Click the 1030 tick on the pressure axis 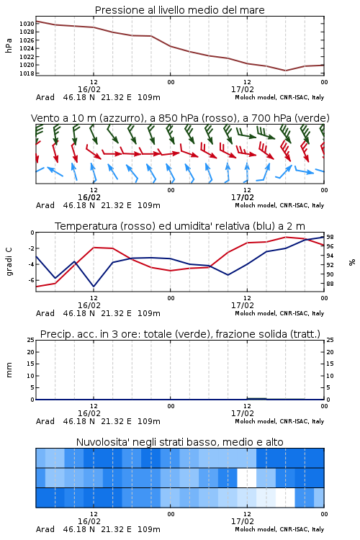click(x=27, y=24)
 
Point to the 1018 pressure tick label click(x=27, y=73)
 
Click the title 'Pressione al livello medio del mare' click(x=179, y=10)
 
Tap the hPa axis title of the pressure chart click(x=9, y=45)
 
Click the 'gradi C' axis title click(x=9, y=262)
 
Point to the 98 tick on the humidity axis click(x=330, y=237)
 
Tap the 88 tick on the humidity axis click(x=330, y=284)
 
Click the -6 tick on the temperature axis click(x=31, y=280)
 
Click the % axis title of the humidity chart click(x=352, y=262)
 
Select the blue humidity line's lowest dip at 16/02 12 click(x=94, y=287)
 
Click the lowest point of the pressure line click(x=285, y=71)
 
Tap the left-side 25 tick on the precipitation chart click(x=31, y=340)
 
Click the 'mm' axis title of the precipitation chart click(x=9, y=370)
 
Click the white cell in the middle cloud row click(x=247, y=477)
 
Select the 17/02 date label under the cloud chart click(x=243, y=521)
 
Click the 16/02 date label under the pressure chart click(x=89, y=89)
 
